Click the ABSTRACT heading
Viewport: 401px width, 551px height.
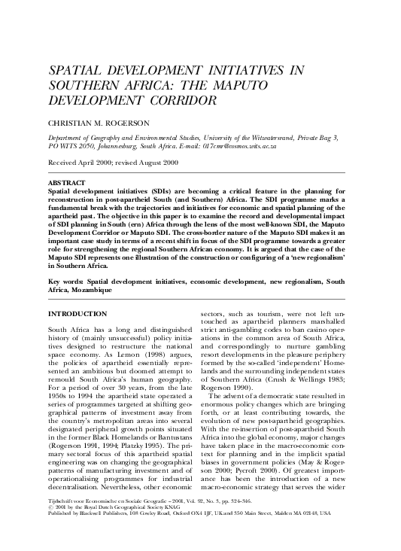(x=66, y=183)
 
